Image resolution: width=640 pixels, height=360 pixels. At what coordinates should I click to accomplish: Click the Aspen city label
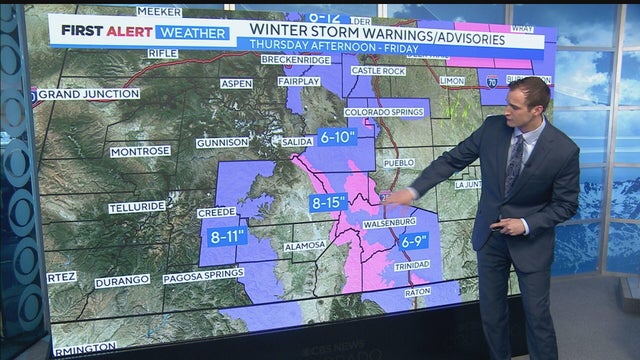click(x=236, y=84)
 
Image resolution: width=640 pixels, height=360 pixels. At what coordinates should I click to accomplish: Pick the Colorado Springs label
click(x=386, y=112)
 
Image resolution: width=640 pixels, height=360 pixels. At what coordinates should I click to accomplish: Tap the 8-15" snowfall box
click(x=328, y=203)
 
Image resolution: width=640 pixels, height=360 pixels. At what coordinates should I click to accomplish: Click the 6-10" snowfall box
click(x=338, y=136)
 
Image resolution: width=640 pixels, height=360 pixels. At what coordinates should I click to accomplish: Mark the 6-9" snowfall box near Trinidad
click(x=413, y=240)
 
